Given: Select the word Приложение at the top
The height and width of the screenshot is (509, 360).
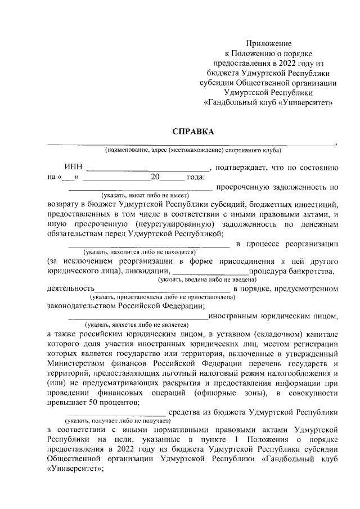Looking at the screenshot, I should pos(269,43).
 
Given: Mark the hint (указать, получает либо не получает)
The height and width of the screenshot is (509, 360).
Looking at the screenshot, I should pos(117,420).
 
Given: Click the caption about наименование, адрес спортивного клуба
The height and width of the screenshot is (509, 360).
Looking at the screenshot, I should pos(193,150).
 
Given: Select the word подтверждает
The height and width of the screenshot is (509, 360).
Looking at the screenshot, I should pos(242,167).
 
